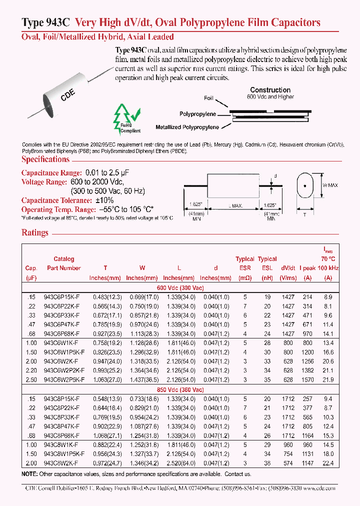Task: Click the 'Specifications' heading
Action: pyautogui.click(x=45, y=159)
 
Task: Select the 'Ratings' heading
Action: pyautogui.click(x=35, y=232)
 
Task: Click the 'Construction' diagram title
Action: pyautogui.click(x=270, y=90)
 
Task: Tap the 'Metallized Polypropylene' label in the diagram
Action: pyautogui.click(x=187, y=127)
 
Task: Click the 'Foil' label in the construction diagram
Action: pyautogui.click(x=208, y=98)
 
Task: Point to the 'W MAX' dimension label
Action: pyautogui.click(x=330, y=185)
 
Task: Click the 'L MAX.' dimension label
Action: pyautogui.click(x=235, y=206)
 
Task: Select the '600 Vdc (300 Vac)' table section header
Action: pyautogui.click(x=180, y=288)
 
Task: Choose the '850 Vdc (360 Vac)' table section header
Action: pyautogui.click(x=180, y=389)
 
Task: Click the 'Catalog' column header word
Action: pyautogui.click(x=64, y=259)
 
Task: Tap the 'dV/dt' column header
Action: pyautogui.click(x=288, y=268)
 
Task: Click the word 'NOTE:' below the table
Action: pyautogui.click(x=29, y=474)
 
